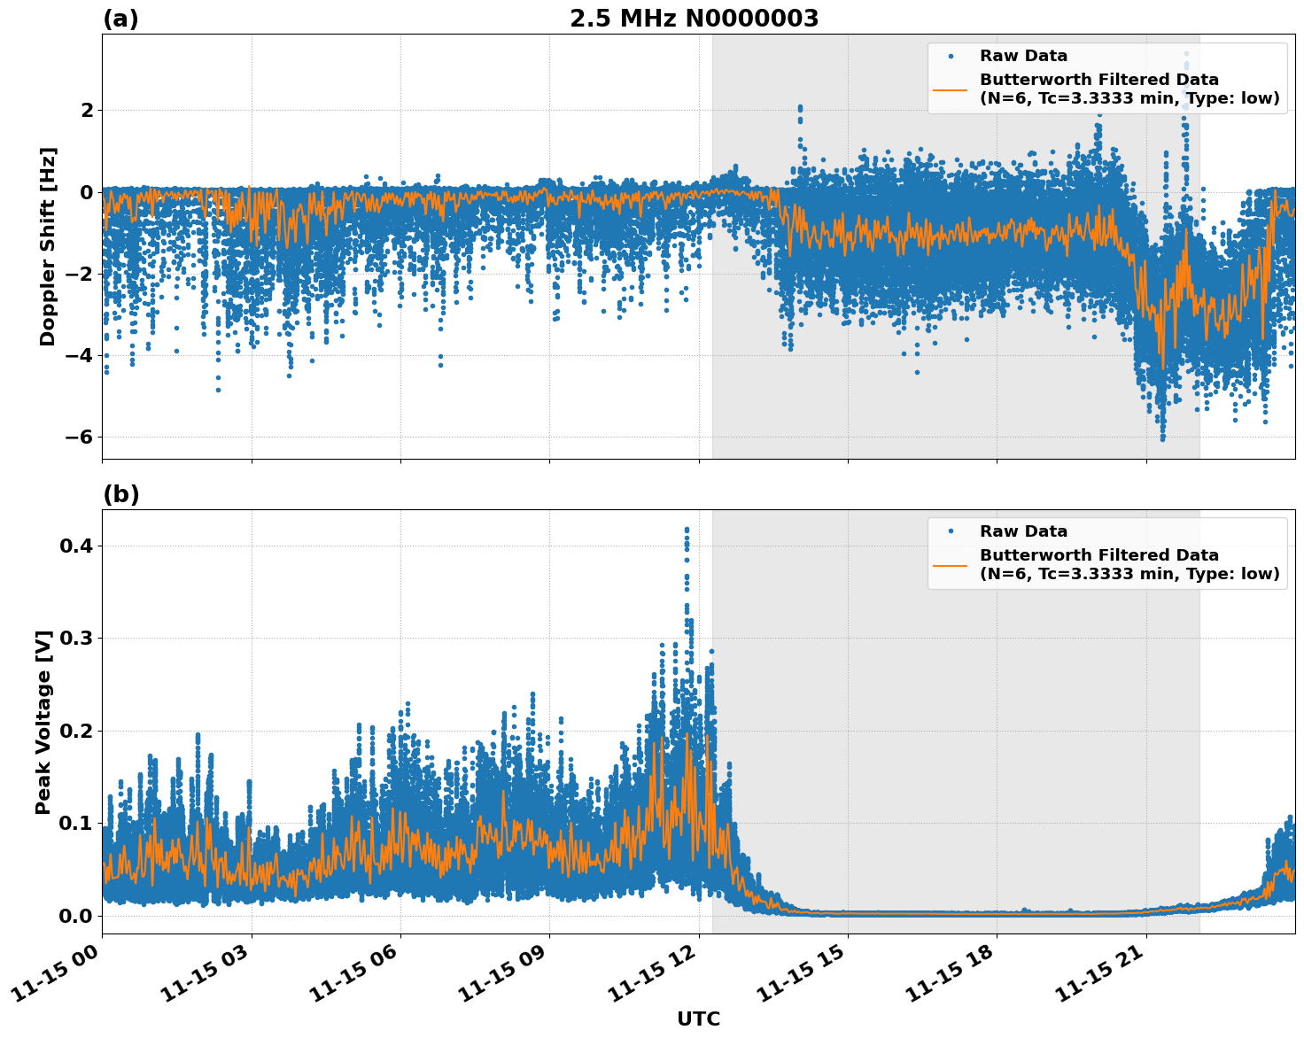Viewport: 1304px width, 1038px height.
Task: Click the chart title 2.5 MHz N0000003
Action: (x=694, y=19)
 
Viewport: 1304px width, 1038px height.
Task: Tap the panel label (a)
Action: (x=120, y=19)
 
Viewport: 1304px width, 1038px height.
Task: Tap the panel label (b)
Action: (x=120, y=494)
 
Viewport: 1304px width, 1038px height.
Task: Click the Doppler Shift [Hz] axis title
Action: (x=48, y=246)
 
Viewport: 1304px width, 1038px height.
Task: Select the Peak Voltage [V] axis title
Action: (x=44, y=722)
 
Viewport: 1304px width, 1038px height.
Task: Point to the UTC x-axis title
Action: (x=698, y=1019)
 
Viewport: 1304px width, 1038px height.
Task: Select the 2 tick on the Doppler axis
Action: (x=87, y=110)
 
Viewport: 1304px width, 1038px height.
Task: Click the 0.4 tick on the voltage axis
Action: (x=76, y=546)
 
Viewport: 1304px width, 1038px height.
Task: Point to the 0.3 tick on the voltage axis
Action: (x=76, y=639)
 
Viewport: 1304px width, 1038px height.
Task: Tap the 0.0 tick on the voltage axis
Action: (x=76, y=916)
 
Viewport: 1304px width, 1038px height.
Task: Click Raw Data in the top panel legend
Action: (x=1023, y=56)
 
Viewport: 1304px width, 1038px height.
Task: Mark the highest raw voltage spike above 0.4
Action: (x=687, y=530)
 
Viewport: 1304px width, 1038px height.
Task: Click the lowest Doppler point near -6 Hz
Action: (x=1162, y=438)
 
